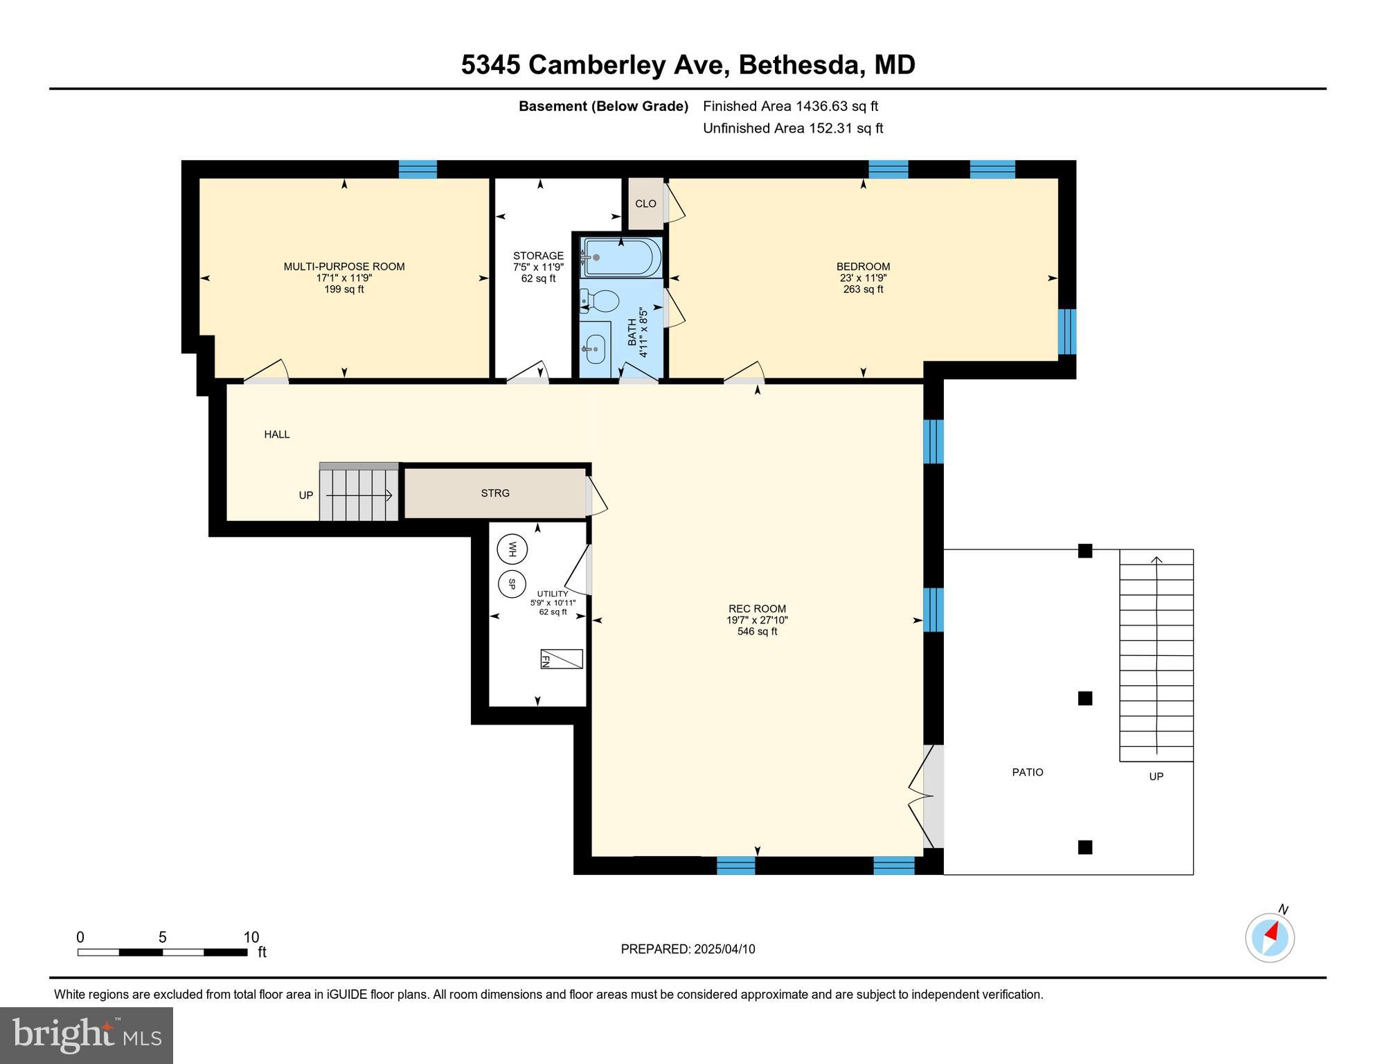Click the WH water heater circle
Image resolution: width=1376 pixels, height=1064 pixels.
point(512,549)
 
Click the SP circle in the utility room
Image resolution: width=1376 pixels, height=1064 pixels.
point(512,583)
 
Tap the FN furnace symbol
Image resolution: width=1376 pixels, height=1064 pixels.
point(561,659)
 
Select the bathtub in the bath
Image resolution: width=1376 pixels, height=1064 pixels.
point(621,258)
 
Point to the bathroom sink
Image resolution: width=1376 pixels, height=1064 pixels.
point(594,348)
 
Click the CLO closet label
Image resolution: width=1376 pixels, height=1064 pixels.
point(645,204)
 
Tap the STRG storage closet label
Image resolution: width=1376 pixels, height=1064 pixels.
point(495,493)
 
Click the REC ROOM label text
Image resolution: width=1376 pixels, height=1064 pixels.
point(757,609)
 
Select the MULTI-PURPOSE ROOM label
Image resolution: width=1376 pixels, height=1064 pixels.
point(344,267)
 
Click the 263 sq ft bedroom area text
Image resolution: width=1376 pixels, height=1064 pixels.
point(863,290)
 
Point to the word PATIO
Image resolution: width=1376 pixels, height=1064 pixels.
point(1027,772)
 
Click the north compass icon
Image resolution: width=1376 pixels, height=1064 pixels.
point(1270,938)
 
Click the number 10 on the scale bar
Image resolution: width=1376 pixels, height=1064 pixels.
point(251,937)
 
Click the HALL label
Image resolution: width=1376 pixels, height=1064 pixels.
point(276,434)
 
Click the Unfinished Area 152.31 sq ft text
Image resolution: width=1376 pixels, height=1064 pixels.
point(793,128)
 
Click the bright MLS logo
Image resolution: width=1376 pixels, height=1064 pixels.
point(87,1035)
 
